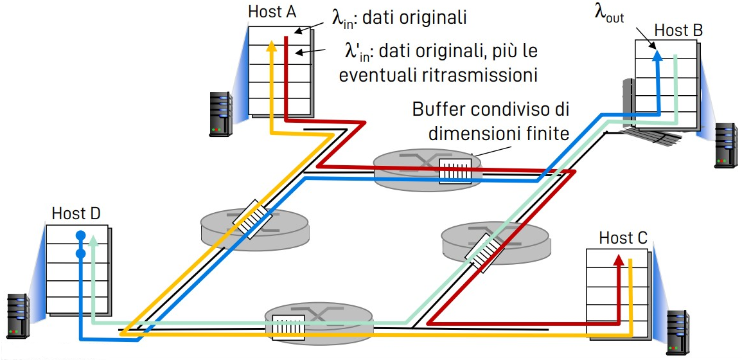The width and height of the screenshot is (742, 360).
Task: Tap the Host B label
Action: click(x=678, y=30)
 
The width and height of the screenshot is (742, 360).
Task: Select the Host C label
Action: click(x=623, y=239)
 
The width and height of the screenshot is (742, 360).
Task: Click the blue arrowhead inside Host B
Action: click(x=656, y=56)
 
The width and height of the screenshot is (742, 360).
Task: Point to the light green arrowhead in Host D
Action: click(x=94, y=240)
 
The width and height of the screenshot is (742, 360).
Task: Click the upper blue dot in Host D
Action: click(x=80, y=235)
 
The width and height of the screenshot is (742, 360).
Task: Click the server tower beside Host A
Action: click(x=220, y=113)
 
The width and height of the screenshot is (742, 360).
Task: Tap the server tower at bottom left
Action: click(x=18, y=316)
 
